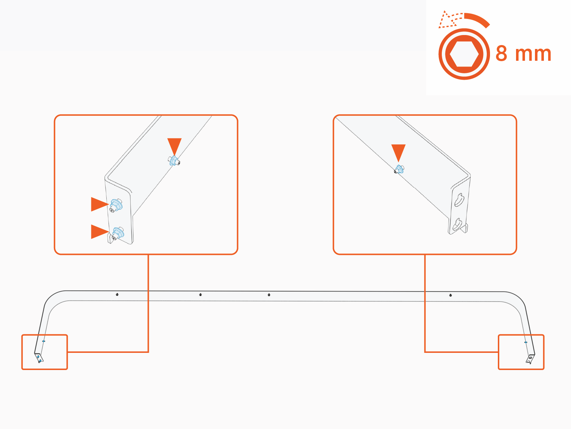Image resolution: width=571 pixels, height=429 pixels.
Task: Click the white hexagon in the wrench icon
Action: click(x=464, y=54)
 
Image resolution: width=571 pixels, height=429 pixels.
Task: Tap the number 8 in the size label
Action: click(x=501, y=54)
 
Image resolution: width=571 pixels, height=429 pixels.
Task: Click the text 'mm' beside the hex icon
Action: click(x=534, y=55)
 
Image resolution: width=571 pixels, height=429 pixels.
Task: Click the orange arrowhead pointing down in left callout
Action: click(x=175, y=145)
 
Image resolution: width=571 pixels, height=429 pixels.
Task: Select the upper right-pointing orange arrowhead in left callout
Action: click(x=99, y=204)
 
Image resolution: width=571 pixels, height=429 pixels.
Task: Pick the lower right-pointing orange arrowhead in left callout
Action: click(x=99, y=232)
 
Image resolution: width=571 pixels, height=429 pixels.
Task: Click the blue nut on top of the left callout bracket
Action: click(x=174, y=161)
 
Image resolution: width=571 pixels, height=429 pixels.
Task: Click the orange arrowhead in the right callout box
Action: click(x=398, y=152)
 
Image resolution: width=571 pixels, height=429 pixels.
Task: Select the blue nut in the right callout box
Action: click(x=399, y=169)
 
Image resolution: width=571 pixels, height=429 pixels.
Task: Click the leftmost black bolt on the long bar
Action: click(x=117, y=295)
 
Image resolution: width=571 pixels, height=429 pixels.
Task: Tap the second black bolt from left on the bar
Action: click(x=201, y=295)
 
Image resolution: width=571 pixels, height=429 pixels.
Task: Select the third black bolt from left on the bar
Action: click(x=269, y=295)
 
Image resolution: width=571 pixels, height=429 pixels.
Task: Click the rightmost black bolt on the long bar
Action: click(x=450, y=295)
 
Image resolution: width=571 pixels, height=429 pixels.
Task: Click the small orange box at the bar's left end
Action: click(x=45, y=352)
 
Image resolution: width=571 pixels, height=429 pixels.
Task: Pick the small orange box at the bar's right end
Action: click(x=521, y=352)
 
